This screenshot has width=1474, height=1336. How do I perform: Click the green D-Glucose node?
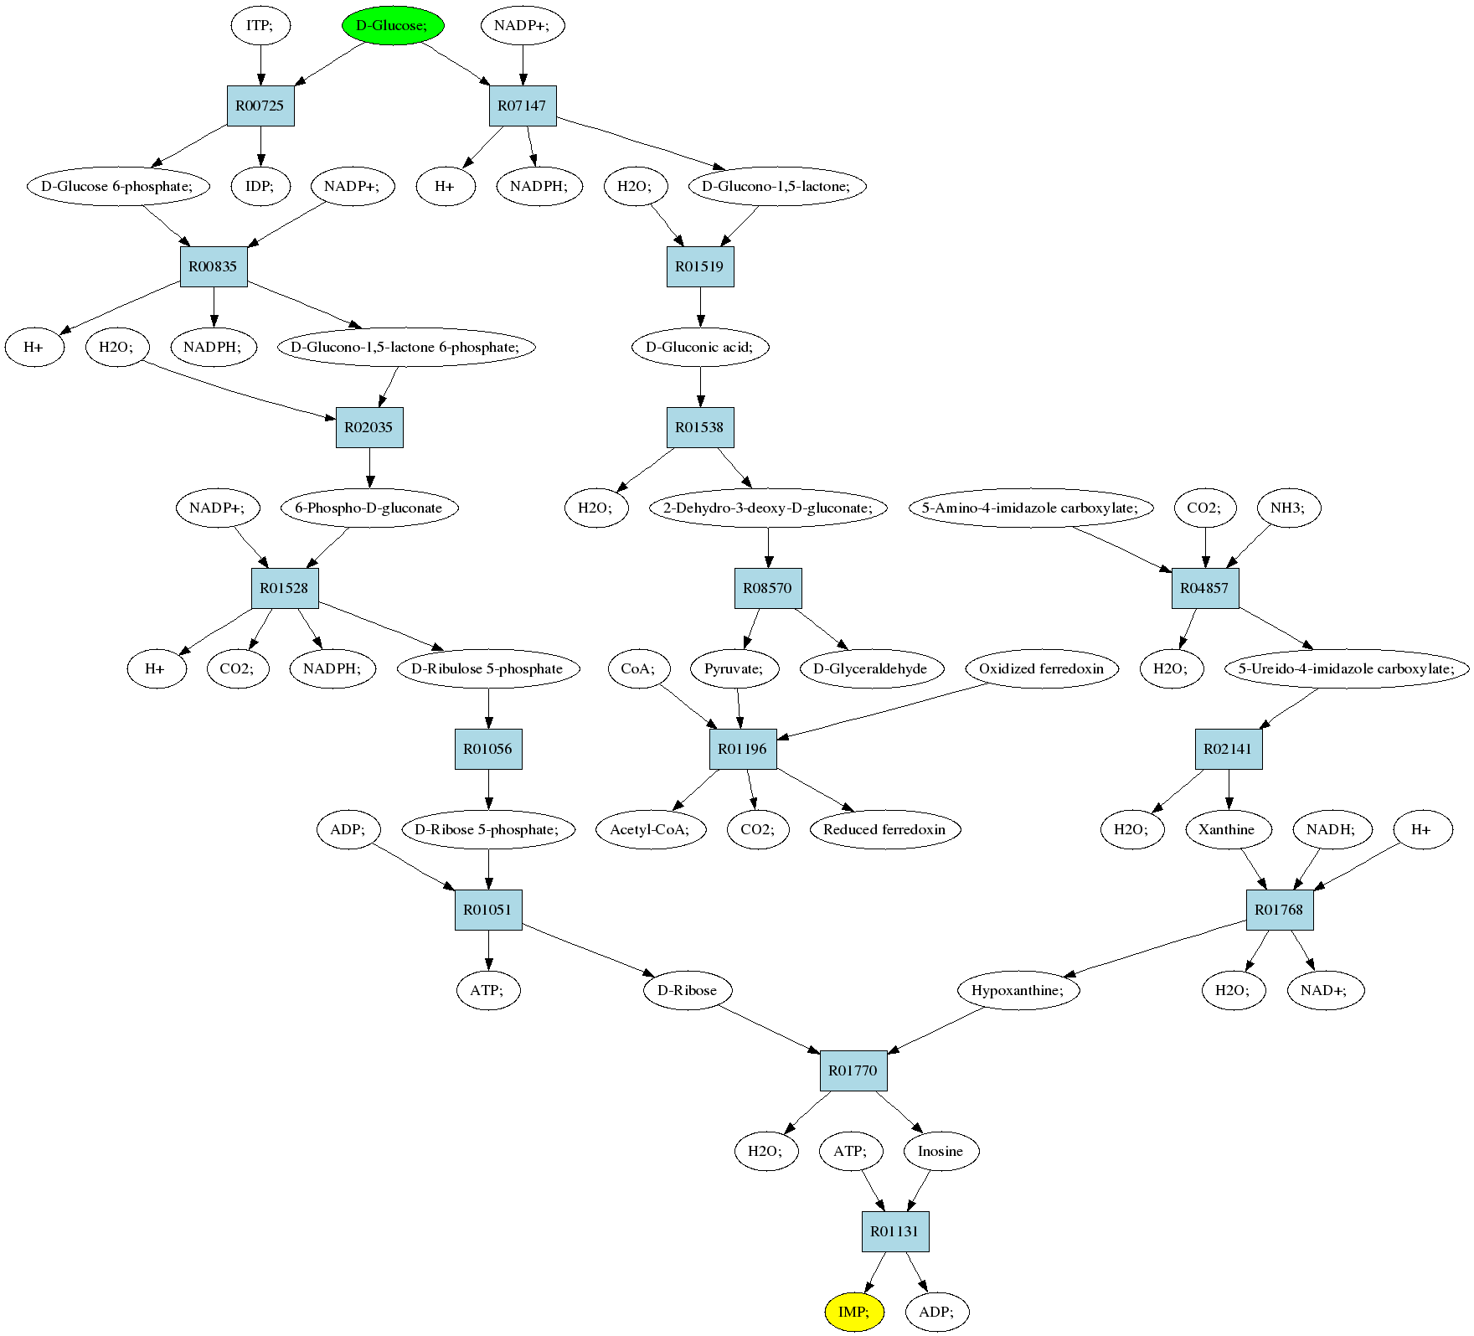(392, 25)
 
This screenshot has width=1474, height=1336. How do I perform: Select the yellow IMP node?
(854, 1312)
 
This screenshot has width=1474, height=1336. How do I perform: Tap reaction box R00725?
(260, 106)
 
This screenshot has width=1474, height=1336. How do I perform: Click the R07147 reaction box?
(523, 106)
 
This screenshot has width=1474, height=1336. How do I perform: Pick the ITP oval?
(260, 25)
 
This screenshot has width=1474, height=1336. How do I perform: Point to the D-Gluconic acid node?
(700, 347)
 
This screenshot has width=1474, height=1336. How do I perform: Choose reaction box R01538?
(700, 427)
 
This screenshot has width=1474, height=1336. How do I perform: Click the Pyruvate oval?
(734, 668)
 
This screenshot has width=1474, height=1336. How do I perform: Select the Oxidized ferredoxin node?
(1042, 668)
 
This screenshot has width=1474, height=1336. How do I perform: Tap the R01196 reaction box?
(743, 749)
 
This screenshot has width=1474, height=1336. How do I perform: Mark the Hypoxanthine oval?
(1018, 990)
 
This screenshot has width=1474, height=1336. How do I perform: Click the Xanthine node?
(1228, 829)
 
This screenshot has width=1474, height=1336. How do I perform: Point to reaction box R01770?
(853, 1070)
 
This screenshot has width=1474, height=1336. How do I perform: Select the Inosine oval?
(941, 1151)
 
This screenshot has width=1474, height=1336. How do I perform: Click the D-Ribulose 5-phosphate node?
(488, 668)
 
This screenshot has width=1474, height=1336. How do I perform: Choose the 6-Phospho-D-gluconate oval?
(369, 508)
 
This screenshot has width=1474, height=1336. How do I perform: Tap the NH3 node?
(1289, 508)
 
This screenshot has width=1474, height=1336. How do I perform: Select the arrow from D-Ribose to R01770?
(768, 1029)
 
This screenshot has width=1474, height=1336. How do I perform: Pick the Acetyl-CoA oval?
(651, 829)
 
